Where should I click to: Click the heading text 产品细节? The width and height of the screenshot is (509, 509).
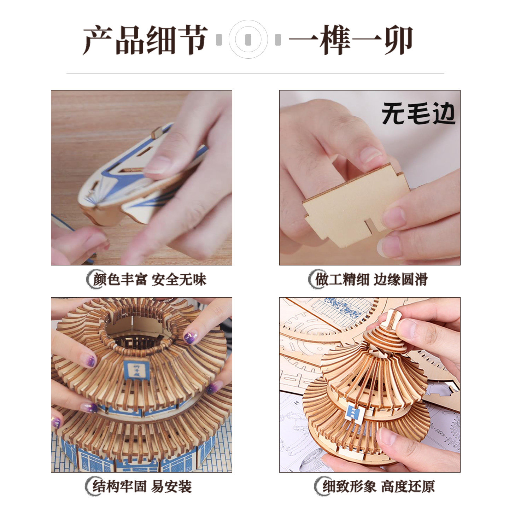point(145,40)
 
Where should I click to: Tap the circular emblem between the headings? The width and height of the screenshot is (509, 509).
point(248,39)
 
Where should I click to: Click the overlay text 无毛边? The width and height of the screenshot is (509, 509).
point(418,114)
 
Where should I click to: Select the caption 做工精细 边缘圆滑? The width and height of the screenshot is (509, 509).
point(371,280)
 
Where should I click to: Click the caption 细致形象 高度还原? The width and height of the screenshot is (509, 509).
point(378,487)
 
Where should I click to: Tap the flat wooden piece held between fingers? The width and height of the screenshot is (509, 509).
point(353,207)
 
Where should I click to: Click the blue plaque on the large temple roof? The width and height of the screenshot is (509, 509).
point(136,370)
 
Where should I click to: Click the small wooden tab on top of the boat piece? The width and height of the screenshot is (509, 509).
point(157,133)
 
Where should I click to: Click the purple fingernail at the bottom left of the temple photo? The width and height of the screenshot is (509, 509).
point(56,422)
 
